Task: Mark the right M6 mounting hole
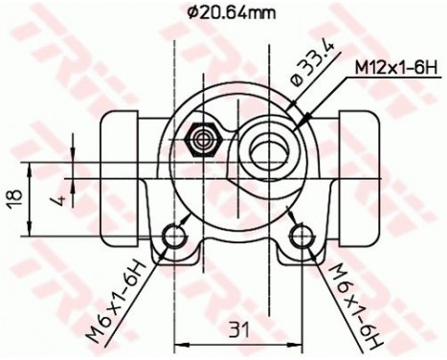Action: [302, 236]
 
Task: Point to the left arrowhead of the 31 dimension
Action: [178, 342]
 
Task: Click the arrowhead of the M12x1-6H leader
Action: [301, 122]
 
